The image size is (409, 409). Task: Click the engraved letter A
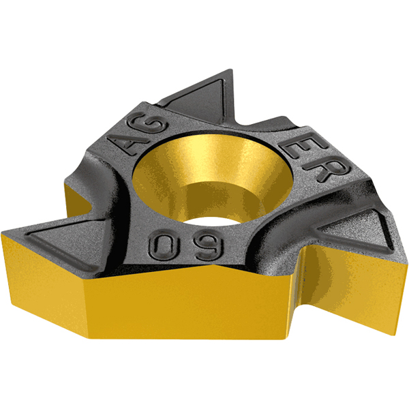pos(129,144)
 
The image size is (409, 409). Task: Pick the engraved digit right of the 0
pos(209,245)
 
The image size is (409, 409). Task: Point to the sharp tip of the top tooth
pos(231,70)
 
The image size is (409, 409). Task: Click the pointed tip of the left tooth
pos(2,232)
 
